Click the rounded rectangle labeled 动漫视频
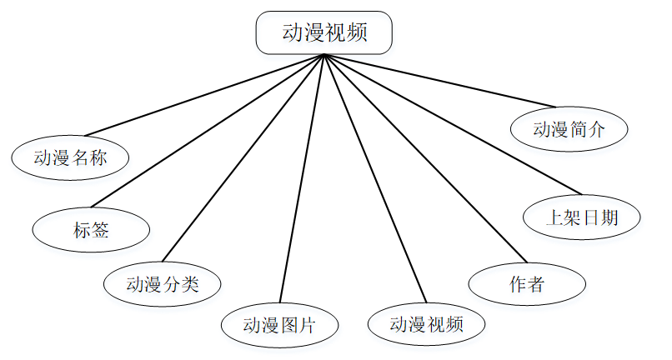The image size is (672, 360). point(323,32)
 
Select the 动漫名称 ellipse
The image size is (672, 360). point(70,157)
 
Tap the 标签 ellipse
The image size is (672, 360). point(91,229)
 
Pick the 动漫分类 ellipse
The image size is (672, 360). point(163,283)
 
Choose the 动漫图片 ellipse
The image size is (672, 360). point(279,324)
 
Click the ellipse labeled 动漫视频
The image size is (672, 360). point(426,324)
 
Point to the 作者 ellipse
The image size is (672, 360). point(526,283)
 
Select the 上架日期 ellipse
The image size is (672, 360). point(581,217)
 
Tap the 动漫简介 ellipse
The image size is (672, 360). point(569,129)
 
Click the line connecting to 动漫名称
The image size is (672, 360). point(203,95)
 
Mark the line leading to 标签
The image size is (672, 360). point(207,130)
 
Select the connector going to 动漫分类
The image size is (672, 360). point(243,157)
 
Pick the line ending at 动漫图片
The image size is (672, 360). point(301,179)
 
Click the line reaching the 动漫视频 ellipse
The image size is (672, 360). point(374,178)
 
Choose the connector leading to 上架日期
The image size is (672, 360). point(450,124)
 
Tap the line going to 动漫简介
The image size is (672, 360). point(439,81)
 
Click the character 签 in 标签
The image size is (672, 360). point(100,229)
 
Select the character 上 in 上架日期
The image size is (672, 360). point(554,218)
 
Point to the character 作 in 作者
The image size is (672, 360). point(517,283)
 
